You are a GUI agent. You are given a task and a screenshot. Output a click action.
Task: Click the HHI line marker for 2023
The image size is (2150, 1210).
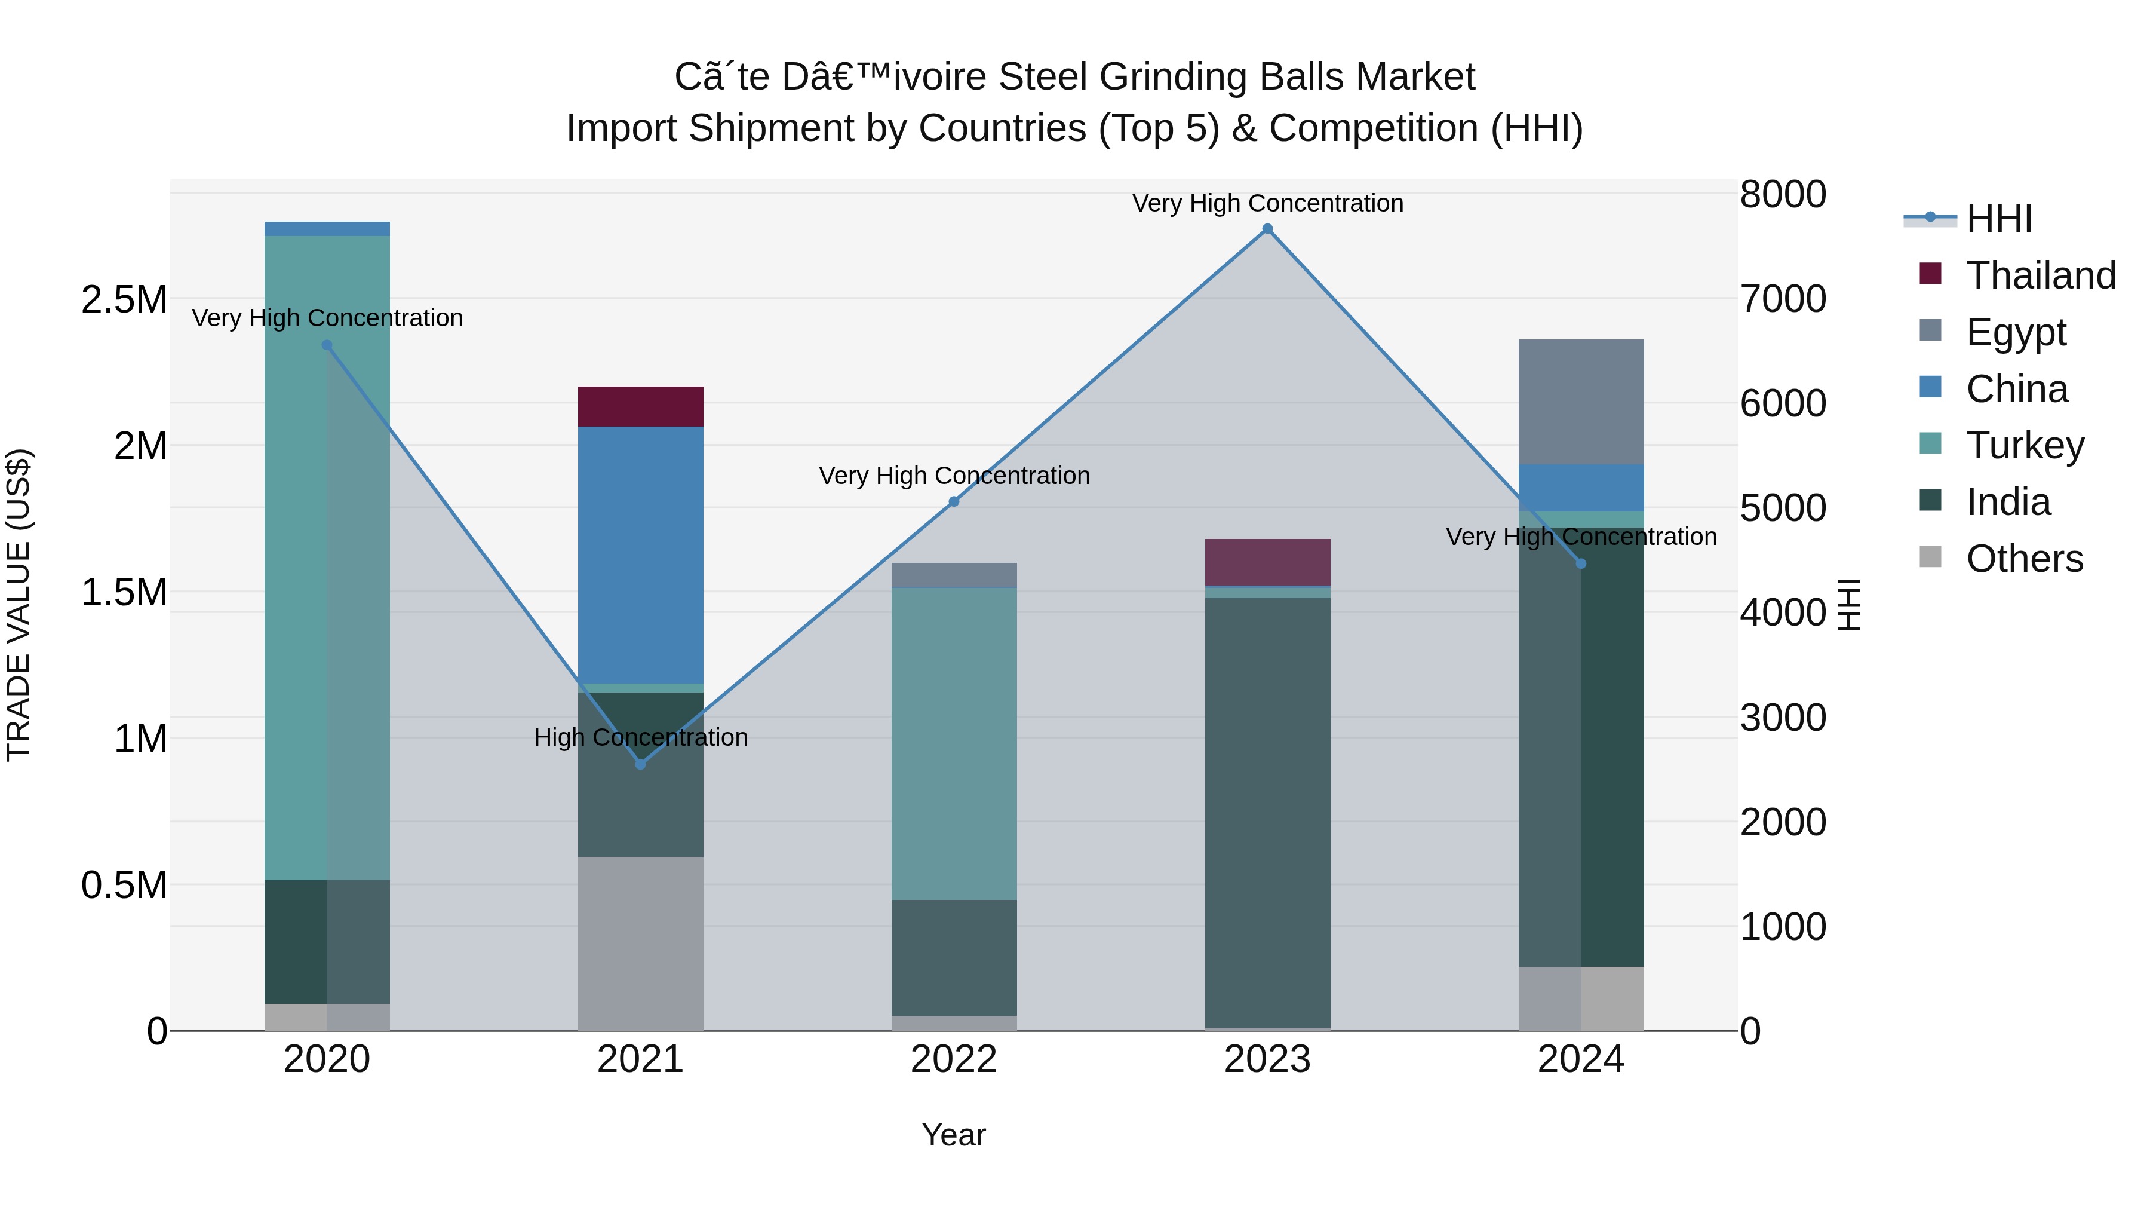[x=1267, y=229]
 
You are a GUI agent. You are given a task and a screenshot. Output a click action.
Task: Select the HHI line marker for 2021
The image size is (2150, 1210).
[x=640, y=764]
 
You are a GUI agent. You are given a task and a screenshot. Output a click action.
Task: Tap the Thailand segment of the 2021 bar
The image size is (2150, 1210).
[x=640, y=407]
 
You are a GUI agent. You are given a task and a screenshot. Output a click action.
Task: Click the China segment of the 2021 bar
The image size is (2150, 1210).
[x=640, y=555]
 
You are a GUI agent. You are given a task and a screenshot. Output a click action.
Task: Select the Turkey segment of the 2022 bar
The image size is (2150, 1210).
[x=954, y=743]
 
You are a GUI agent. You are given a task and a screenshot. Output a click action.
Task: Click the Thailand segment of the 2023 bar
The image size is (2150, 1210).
[x=1267, y=562]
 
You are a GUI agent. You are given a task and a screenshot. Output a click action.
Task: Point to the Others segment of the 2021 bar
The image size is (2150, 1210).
[x=640, y=944]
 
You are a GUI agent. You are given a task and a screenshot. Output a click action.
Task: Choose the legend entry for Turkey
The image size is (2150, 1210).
[x=2024, y=445]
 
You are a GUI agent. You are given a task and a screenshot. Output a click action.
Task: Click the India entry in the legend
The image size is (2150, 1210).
[x=2007, y=502]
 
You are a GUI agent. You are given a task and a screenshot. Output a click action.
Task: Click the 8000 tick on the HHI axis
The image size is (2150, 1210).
[x=1783, y=195]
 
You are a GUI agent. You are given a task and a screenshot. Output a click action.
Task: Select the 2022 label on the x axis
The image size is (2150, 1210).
[x=954, y=1059]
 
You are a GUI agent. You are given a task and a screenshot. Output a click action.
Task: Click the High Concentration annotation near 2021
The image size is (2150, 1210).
[x=640, y=737]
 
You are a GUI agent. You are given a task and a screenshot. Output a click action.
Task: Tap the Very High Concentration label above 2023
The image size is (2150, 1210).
[x=1267, y=203]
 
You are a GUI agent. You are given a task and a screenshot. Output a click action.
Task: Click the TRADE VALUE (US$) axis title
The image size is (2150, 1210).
[x=19, y=605]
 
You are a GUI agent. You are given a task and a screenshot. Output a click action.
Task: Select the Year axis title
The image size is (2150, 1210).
[x=954, y=1135]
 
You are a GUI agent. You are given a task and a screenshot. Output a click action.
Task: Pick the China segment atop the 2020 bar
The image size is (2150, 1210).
[x=327, y=229]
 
